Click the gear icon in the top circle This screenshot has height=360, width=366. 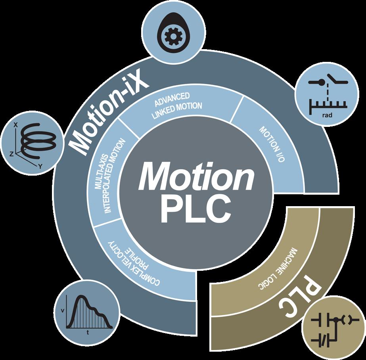(172, 37)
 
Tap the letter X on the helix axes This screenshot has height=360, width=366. (16, 124)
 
